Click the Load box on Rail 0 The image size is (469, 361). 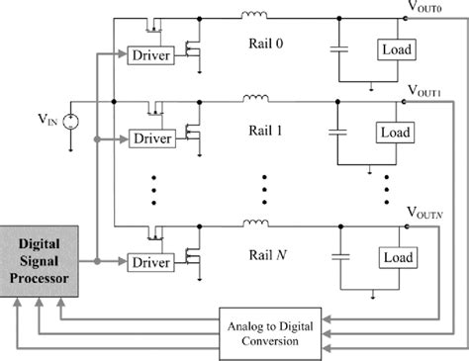[x=395, y=49]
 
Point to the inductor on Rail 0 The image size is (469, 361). [x=254, y=17]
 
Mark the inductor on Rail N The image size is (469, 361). [x=254, y=223]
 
